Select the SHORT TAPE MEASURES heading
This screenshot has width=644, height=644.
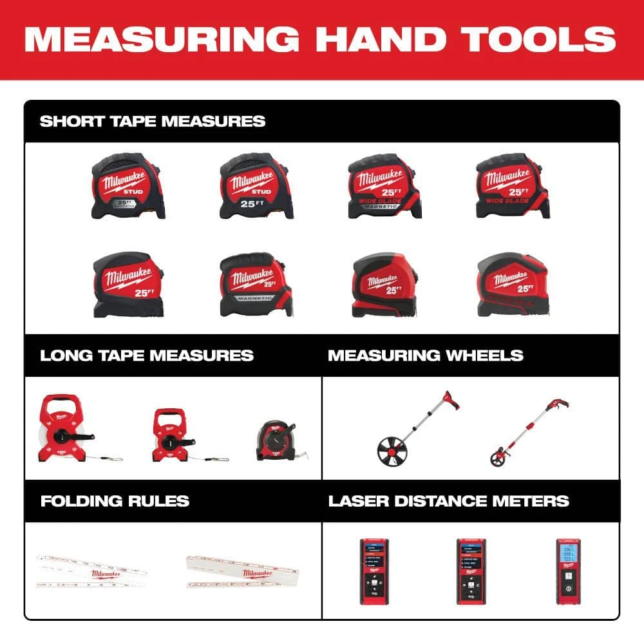tap(153, 121)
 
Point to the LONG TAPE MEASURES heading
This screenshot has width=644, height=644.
tap(147, 355)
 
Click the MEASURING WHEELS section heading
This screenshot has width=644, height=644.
tap(426, 355)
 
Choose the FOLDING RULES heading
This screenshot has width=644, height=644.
tap(115, 500)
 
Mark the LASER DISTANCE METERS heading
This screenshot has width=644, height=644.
tap(449, 500)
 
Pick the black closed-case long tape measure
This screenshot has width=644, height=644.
tap(276, 442)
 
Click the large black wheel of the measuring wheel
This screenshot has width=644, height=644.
tap(393, 448)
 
